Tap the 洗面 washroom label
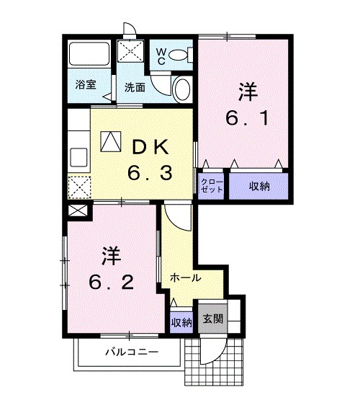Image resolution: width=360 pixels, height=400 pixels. (x=134, y=87)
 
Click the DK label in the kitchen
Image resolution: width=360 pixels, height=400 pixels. (x=148, y=146)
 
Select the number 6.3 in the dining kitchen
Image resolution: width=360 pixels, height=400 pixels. (x=149, y=173)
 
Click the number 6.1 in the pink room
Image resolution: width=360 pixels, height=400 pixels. (x=248, y=117)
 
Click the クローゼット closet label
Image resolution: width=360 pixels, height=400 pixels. (x=212, y=185)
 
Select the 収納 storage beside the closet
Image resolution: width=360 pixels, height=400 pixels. (x=259, y=186)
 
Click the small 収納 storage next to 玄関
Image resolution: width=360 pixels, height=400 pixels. (x=181, y=321)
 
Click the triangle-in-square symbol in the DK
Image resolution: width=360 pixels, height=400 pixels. (x=111, y=141)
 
